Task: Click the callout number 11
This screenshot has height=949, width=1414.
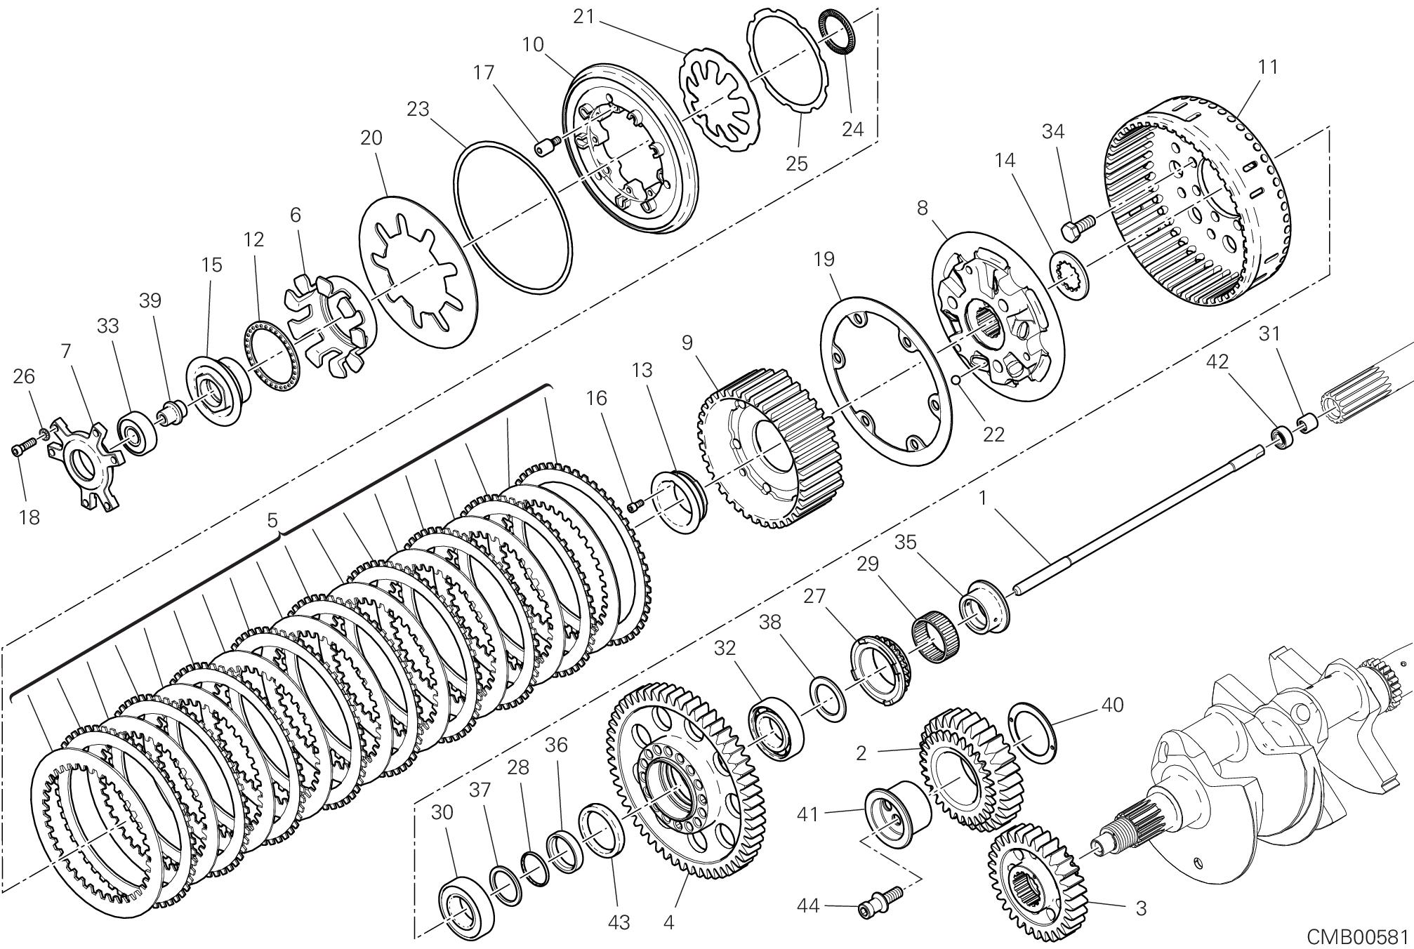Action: (1267, 67)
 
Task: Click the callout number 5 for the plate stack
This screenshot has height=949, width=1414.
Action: (272, 520)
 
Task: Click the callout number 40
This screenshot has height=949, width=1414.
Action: (1112, 705)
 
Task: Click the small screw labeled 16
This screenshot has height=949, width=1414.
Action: (637, 504)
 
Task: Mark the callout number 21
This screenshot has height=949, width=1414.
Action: (583, 17)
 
